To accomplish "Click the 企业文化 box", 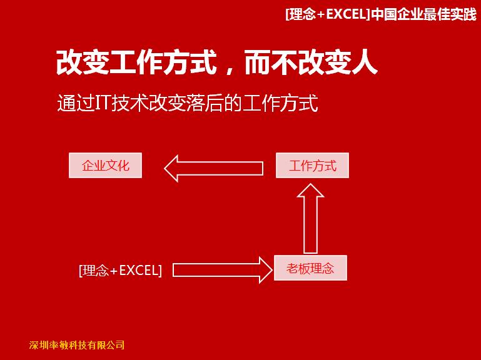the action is click(x=105, y=165).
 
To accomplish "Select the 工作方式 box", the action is click(x=312, y=165).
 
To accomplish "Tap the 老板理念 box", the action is click(x=310, y=267).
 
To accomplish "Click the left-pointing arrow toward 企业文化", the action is click(x=213, y=168).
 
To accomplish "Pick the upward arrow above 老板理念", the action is click(x=310, y=219).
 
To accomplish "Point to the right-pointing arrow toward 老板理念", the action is click(x=223, y=270).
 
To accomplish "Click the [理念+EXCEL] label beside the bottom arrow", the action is click(x=120, y=271).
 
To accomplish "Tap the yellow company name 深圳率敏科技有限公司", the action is click(x=77, y=345).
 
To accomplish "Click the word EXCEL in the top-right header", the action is click(x=346, y=14).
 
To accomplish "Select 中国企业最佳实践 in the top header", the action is click(x=423, y=14).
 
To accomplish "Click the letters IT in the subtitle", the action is click(x=103, y=102).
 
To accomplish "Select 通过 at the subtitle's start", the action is click(x=76, y=102).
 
